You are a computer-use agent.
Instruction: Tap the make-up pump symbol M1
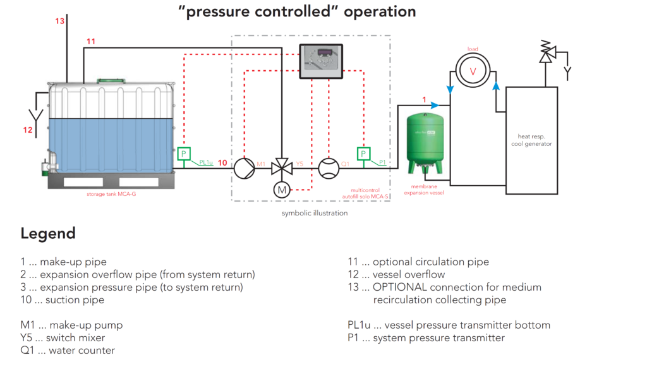243,168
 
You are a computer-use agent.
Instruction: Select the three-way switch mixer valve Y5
281,168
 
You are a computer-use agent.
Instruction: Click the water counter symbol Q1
328,168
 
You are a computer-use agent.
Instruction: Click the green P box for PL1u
184,154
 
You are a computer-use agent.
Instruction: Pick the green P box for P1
364,154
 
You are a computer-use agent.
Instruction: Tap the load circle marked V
472,72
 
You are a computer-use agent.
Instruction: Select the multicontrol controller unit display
320,61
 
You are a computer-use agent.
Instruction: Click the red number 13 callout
59,21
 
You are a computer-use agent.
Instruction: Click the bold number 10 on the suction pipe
222,163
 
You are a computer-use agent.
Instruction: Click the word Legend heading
48,233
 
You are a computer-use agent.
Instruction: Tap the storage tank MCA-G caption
111,195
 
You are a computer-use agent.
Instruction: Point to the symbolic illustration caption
315,213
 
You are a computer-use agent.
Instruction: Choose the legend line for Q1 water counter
68,350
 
